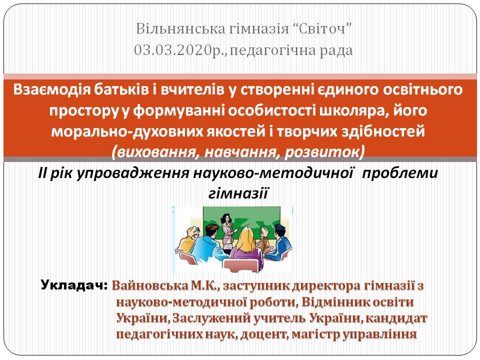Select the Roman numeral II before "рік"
tap(42, 173)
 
